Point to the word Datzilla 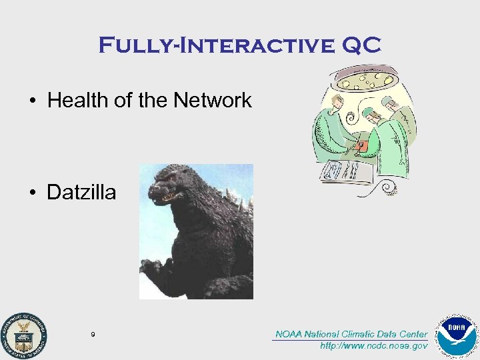click(81, 193)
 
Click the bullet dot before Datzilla click(33, 193)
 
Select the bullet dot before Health click(33, 101)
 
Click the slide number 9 click(93, 334)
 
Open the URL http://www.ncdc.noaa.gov click(373, 346)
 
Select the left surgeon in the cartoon click(333, 130)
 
